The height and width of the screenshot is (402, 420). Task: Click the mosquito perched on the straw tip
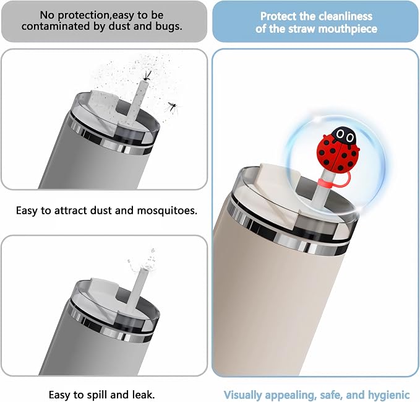147,76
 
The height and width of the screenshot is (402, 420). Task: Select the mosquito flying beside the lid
172,108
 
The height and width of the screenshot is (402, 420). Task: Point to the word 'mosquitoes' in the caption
167,211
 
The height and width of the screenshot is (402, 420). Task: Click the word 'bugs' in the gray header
169,27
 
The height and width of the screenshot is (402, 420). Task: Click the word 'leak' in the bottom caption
144,395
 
